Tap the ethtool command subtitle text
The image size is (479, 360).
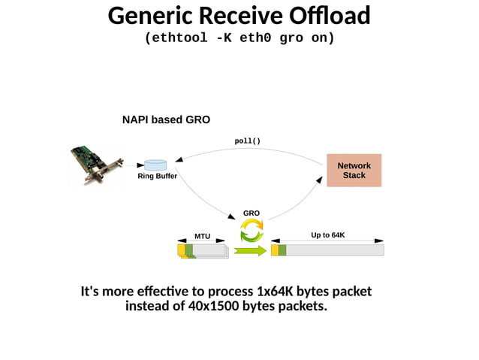(x=239, y=38)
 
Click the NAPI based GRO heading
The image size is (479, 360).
(x=166, y=119)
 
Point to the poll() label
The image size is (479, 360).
(x=248, y=141)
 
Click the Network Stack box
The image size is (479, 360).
(x=354, y=171)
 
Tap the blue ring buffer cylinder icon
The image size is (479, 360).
(x=155, y=165)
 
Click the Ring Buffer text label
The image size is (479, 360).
(x=157, y=177)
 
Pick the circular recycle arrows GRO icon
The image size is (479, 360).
(x=251, y=230)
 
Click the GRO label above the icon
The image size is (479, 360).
(x=251, y=213)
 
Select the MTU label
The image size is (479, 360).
(x=203, y=236)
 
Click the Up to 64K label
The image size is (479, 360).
(x=327, y=235)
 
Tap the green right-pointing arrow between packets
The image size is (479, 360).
(x=250, y=250)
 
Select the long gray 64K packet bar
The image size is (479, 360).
(x=334, y=250)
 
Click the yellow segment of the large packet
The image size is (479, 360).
(x=274, y=250)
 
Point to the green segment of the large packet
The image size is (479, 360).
(x=282, y=250)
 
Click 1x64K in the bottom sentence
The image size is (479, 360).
(x=277, y=292)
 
